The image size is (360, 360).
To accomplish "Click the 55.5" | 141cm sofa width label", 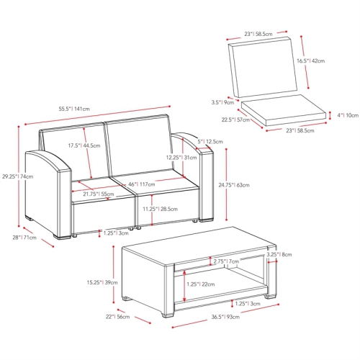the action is pos(74,109).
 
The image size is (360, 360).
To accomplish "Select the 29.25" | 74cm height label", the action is pos(18,176).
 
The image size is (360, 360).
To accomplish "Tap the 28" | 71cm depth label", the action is pos(24,238).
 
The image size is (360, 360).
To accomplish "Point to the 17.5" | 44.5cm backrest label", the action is pos(84,145).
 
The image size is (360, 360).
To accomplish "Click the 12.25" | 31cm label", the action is pos(181,158).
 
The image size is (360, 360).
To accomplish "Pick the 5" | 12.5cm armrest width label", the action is pos(210,142).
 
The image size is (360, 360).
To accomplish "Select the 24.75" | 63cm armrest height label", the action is pos(234,185).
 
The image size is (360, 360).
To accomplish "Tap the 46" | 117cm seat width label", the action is pos(142,184).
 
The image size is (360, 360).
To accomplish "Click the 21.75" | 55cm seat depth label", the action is pos(99,194).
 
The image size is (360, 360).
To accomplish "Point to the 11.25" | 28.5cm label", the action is pos(161,209).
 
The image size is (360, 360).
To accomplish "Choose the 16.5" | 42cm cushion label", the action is pos(311,61).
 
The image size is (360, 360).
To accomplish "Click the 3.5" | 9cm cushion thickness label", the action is pos(222,103).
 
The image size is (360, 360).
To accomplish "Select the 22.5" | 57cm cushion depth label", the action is pos(235,120).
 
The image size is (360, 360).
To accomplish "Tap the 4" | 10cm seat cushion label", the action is pos(348,115).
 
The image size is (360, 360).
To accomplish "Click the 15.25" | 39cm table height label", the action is pos(102,283).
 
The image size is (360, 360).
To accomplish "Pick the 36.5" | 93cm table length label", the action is pos(225,317).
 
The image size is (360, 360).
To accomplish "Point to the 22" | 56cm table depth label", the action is pos(117,317).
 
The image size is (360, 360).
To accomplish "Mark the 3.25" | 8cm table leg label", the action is pos(279,254).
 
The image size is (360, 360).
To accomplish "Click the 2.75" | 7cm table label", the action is pos(226,261).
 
